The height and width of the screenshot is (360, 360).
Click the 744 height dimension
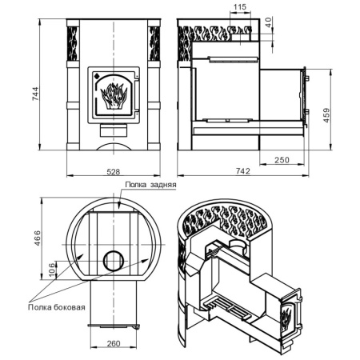pos(36,94)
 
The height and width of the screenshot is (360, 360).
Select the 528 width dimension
pos(114,172)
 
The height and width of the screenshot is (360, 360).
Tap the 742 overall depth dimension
pos(243,171)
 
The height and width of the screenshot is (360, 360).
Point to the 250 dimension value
pos(282,160)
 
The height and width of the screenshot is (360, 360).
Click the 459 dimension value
pos(326,115)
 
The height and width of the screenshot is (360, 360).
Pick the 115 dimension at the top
pos(240,7)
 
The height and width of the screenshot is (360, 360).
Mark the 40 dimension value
pos(268,22)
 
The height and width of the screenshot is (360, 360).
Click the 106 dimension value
pos(53,270)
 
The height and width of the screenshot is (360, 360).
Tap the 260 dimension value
pos(114,343)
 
